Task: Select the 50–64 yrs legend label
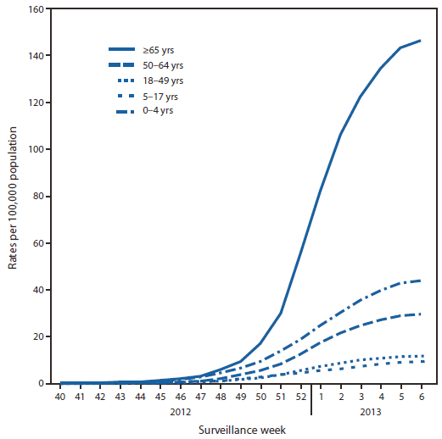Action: coord(165,65)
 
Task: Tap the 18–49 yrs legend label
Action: coord(165,81)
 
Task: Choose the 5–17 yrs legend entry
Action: coord(163,96)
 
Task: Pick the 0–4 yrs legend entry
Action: coord(161,111)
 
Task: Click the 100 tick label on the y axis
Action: coord(37,149)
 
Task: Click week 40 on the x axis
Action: coord(60,395)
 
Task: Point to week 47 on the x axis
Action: coord(199,395)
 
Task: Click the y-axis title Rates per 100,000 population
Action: coord(14,197)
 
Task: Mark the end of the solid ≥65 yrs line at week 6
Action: coord(420,41)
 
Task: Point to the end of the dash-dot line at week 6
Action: coord(420,280)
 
